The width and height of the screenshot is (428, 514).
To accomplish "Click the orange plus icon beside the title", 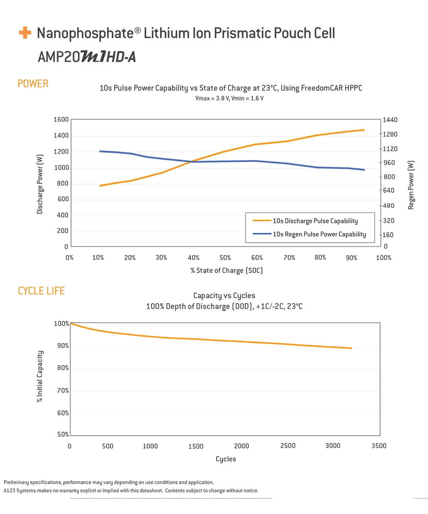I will (25, 33).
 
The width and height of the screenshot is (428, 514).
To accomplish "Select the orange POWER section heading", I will (33, 84).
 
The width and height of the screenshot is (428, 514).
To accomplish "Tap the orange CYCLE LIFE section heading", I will (41, 291).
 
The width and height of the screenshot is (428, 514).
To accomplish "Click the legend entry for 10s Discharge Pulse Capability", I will (315, 221).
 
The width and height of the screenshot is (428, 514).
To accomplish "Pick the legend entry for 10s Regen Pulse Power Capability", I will (319, 234).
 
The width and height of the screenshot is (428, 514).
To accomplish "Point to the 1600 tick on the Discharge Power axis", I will (61, 120).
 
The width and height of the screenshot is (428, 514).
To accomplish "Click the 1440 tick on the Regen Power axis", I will (391, 120).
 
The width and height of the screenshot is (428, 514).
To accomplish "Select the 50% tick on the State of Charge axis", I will (225, 258).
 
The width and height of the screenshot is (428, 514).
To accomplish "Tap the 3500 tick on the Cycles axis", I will (378, 446).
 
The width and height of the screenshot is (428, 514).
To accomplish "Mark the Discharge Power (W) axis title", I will (40, 184).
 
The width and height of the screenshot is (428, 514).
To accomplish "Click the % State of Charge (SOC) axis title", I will (226, 271).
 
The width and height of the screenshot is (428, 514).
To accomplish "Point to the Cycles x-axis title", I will (226, 459).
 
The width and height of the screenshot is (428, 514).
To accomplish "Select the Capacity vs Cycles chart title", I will (224, 296).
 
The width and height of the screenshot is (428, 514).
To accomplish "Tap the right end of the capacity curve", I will (351, 348).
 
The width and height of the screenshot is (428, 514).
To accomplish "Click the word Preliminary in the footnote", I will (17, 482).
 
